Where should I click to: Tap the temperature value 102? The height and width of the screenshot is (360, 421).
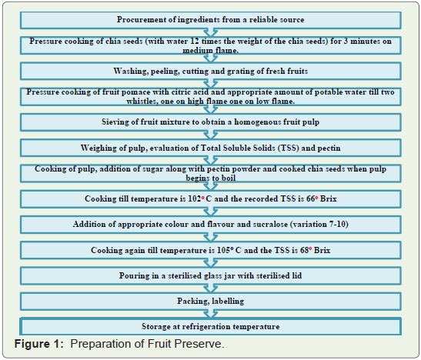(x=195, y=198)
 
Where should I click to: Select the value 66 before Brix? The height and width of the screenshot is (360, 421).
(x=311, y=198)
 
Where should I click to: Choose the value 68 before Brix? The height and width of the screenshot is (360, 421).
(x=305, y=250)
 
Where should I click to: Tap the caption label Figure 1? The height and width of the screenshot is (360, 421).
(x=39, y=344)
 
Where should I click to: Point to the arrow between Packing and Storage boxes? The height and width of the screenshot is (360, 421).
(x=211, y=314)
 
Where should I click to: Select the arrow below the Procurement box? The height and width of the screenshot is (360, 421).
(x=211, y=32)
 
